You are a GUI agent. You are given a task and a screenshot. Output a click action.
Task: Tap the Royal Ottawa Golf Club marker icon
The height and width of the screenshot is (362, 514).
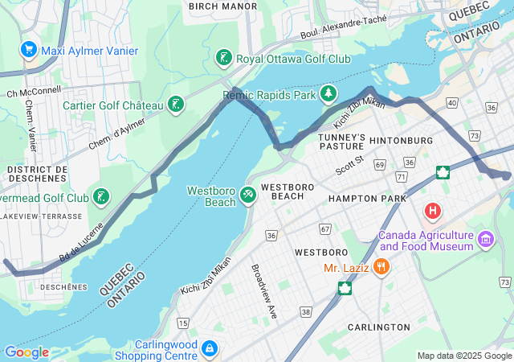point(224,58)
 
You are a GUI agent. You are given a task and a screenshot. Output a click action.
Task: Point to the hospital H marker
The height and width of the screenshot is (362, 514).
point(433,212)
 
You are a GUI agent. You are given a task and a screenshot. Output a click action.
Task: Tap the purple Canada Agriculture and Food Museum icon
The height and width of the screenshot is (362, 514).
point(485,239)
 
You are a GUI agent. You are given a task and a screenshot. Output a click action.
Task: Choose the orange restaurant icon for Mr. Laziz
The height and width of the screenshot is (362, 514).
point(381,265)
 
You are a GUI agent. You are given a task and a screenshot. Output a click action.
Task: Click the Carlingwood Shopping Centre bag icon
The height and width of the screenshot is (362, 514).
point(209,348)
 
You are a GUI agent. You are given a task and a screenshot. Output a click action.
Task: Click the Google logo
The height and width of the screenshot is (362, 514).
point(26,352)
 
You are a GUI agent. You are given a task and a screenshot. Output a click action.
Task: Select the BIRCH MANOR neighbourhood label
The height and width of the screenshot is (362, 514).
point(222,6)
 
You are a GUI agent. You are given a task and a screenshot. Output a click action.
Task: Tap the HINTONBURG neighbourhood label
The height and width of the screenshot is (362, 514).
point(401,141)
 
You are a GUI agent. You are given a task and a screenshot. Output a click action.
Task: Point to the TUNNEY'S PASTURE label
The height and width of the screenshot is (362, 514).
point(342,142)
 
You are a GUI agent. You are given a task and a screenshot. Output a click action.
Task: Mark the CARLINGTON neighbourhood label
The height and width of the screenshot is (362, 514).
point(378,327)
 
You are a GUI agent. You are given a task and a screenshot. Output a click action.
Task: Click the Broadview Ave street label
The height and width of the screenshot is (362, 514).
point(264,290)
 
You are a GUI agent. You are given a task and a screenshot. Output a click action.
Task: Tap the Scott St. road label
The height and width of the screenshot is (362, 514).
point(350,166)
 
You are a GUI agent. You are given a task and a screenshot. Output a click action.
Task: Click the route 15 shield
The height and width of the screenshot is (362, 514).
point(183,323)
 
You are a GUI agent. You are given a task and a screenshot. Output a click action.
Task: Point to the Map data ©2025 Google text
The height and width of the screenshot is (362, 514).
point(463,356)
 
